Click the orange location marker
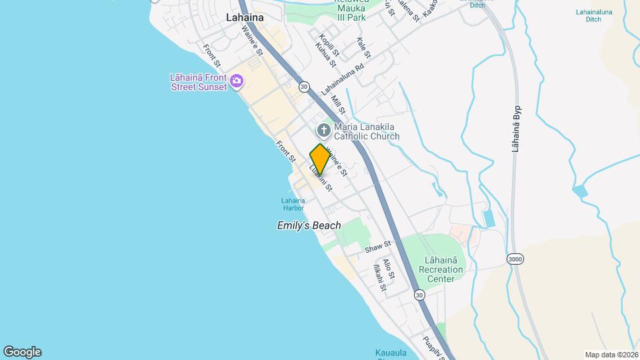[320, 159]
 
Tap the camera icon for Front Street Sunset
[236, 82]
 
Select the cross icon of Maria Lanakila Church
[323, 130]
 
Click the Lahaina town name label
[245, 17]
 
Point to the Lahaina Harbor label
[293, 204]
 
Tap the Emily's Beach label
[309, 225]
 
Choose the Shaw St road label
[377, 247]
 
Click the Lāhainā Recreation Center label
[441, 269]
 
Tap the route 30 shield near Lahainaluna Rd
[304, 87]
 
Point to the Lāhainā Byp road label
[515, 128]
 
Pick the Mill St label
[338, 105]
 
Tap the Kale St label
[363, 47]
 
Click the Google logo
[22, 352]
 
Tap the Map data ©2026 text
[611, 355]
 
